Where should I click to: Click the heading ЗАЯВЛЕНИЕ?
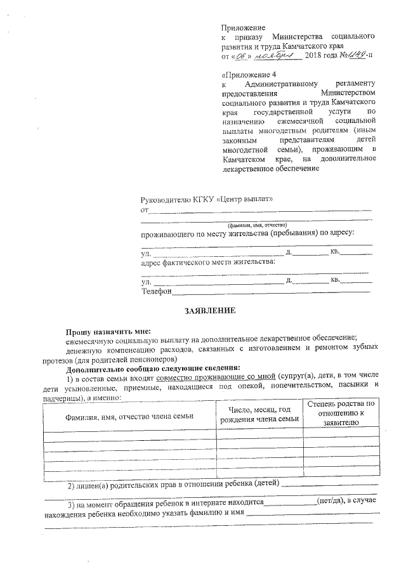[209, 311]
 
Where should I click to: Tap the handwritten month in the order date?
[277, 55]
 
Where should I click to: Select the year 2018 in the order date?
[313, 56]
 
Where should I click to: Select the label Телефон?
[157, 290]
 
